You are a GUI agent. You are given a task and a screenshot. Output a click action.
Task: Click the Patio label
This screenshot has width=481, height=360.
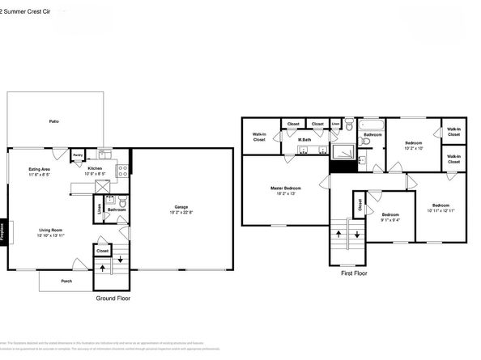pyautogui.click(x=53, y=121)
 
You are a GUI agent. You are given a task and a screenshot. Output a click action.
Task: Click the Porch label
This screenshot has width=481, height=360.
pyautogui.click(x=66, y=282)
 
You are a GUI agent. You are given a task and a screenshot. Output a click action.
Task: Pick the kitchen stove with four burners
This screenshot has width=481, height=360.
pyautogui.click(x=123, y=171)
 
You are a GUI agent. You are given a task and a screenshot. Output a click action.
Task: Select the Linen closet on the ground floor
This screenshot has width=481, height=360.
pyautogui.click(x=99, y=209)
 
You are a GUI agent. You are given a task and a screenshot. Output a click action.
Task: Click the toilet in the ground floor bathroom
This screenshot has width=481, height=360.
pyautogui.click(x=121, y=201)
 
